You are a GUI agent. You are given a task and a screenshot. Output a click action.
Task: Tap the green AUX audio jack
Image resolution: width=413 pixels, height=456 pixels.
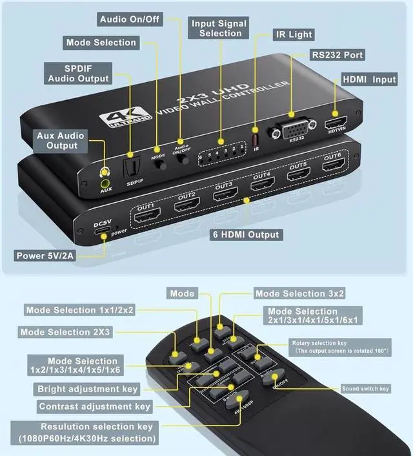(x=104, y=183)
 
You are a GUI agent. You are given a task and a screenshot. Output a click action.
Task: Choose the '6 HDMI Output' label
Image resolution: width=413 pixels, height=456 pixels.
(x=246, y=234)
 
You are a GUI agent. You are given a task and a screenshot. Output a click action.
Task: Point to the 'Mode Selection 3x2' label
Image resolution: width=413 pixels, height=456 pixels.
(x=299, y=294)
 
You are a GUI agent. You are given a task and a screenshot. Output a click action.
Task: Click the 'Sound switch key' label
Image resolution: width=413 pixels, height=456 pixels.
(x=365, y=389)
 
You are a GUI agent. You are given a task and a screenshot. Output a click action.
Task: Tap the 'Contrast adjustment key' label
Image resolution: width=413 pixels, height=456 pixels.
(x=94, y=406)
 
